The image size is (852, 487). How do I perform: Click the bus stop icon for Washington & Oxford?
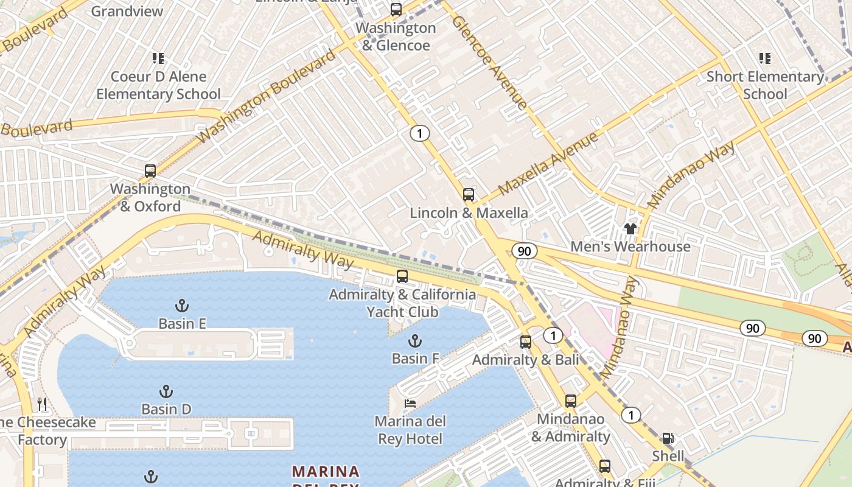(150, 171)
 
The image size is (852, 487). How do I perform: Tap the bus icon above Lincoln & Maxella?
(468, 195)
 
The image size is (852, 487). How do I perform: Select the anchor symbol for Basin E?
(181, 305)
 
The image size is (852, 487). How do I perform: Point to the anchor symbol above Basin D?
(166, 391)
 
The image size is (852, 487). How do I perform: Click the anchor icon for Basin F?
(415, 340)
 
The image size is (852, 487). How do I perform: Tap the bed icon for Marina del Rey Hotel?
(410, 404)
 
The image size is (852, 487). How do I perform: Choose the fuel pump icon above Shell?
(668, 438)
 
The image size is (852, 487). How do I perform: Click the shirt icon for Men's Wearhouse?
(630, 229)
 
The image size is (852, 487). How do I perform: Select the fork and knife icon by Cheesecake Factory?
(42, 404)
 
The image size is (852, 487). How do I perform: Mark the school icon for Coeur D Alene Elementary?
(158, 58)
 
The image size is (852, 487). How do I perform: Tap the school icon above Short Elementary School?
(765, 58)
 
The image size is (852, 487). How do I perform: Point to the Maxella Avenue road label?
(548, 164)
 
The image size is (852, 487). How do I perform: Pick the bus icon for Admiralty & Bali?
(526, 342)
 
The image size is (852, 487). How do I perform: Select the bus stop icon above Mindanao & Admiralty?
(570, 401)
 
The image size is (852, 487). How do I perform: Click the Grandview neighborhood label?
(127, 11)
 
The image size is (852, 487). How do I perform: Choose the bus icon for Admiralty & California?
(402, 276)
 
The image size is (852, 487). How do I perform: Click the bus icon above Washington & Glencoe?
(396, 10)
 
